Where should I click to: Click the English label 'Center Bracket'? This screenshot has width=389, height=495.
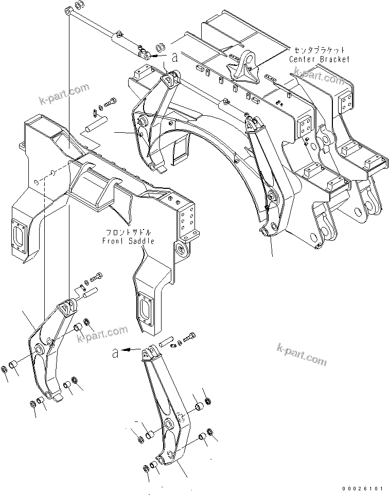pos(319,60)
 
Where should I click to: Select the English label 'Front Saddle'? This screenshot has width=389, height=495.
pos(128,241)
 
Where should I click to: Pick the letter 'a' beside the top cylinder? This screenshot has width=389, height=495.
pos(175,58)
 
